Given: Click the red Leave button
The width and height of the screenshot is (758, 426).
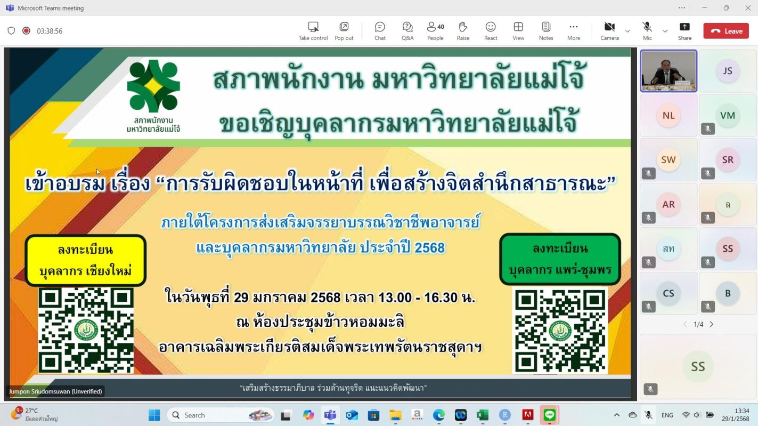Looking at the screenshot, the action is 726,31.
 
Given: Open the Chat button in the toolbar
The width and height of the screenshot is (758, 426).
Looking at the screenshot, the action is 380,31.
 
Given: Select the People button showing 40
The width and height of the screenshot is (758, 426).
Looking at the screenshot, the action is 435,31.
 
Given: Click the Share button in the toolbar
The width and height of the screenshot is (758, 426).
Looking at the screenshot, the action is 684,31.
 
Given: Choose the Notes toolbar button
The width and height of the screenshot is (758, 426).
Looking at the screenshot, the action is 546,31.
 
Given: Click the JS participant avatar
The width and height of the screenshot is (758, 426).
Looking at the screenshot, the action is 728,71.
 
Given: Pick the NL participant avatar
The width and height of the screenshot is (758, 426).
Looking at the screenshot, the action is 669,116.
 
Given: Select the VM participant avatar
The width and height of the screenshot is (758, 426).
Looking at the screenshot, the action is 728,116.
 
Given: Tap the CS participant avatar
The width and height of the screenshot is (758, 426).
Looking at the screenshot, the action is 669,293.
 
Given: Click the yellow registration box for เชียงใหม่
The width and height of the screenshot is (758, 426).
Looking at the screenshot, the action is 86,260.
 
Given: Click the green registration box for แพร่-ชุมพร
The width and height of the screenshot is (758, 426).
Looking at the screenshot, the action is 560,259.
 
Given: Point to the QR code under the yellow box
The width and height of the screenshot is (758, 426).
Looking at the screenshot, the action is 86,331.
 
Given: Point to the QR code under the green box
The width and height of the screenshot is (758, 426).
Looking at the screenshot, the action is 560,331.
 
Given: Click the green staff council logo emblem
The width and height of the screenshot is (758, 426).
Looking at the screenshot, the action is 153,86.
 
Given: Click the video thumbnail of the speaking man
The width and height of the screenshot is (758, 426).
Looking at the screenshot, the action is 669,71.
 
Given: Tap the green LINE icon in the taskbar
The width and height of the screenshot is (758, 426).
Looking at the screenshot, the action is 549,415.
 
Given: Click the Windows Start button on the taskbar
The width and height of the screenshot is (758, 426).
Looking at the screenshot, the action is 154,415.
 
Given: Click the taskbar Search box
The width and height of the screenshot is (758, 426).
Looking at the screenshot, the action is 220,415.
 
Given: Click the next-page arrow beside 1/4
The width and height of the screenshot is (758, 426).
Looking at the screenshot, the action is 712,324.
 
